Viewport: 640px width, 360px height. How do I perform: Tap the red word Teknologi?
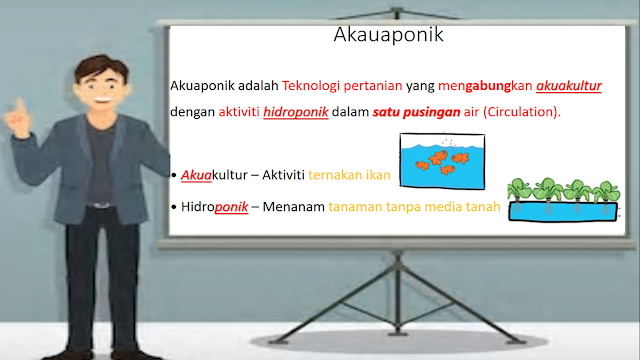312,87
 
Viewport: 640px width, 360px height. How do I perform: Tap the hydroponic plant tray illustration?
561,201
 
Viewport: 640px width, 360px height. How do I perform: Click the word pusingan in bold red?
426,112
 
